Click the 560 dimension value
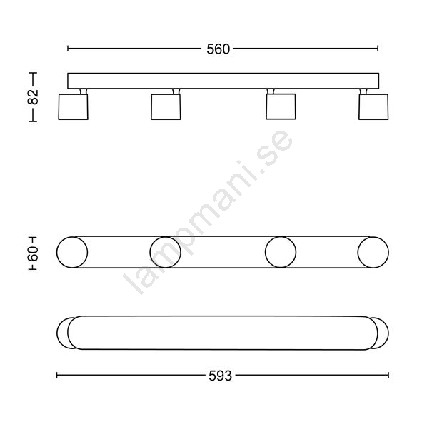click(x=218, y=49)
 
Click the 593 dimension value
click(x=220, y=376)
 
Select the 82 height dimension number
click(x=33, y=97)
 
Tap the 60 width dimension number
click(x=33, y=253)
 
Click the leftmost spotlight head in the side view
click(x=74, y=106)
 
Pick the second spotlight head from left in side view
click(x=166, y=106)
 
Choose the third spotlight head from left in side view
click(x=281, y=106)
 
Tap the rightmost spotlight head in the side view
click(x=373, y=106)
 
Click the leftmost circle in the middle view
click(x=72, y=253)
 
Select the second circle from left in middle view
click(x=165, y=253)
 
